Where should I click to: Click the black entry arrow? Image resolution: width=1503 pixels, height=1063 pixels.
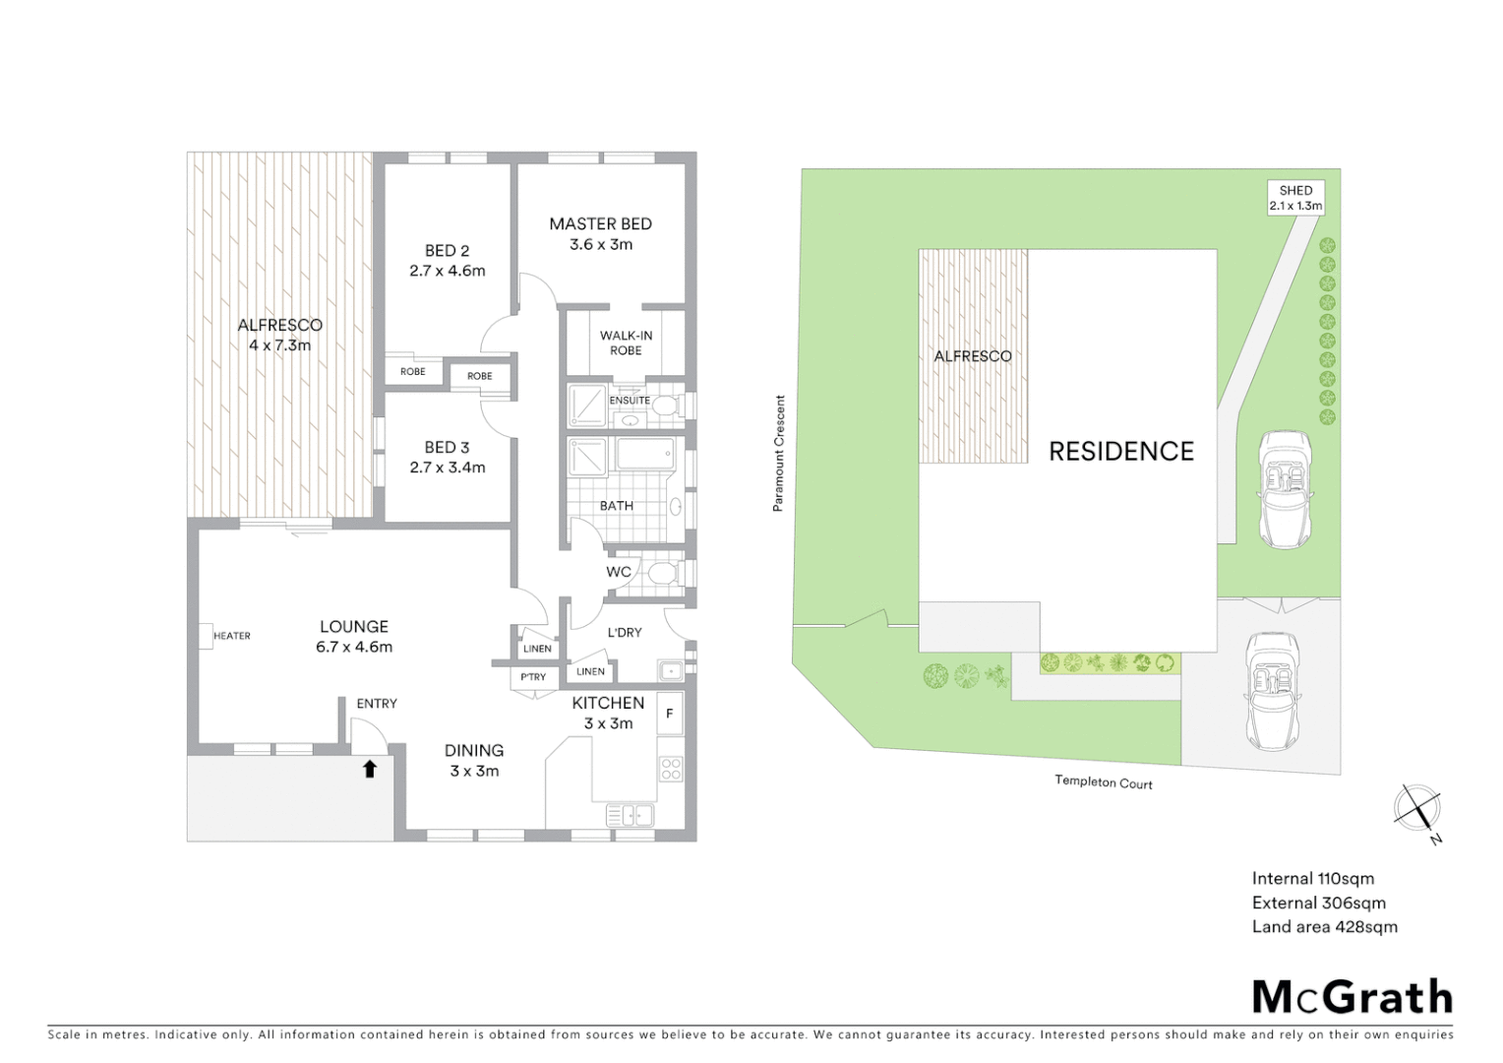[370, 769]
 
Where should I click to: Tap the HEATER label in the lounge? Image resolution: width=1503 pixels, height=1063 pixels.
[232, 636]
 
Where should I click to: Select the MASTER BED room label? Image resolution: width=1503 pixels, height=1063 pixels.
[600, 224]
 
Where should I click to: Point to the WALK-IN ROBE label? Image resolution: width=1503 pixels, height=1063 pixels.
[626, 343]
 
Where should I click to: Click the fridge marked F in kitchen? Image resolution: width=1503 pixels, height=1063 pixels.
[670, 714]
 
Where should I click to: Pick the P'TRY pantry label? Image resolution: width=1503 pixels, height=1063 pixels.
[533, 677]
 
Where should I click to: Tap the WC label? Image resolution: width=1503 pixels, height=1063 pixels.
[619, 572]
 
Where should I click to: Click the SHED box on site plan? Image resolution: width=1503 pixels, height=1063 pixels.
[1295, 198]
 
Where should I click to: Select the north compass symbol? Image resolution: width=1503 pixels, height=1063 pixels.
[1417, 810]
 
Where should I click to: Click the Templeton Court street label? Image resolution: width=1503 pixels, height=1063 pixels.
[1103, 782]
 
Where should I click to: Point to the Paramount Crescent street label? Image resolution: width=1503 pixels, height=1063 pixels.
[779, 453]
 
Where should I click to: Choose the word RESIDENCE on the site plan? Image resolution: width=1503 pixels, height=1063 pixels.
[1121, 452]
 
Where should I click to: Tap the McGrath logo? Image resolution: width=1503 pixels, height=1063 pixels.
[1352, 997]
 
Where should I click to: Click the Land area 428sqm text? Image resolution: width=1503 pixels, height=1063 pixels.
[1324, 926]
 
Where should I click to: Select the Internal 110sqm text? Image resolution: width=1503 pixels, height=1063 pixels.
[1312, 878]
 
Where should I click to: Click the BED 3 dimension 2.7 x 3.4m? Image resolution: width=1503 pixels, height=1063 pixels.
[448, 468]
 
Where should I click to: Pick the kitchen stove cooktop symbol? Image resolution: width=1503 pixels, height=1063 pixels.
[671, 769]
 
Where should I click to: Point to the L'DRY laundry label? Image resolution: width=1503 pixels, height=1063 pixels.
[625, 632]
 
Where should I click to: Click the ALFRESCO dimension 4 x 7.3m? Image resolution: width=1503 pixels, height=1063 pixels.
[279, 345]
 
